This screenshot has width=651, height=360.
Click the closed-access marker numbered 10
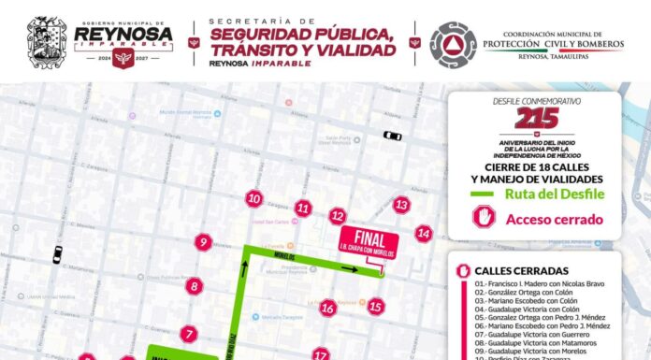[253, 198]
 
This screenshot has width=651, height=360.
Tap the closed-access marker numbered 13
[401, 205]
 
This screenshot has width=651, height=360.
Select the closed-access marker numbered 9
[203, 243]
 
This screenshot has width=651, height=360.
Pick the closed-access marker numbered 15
[376, 306]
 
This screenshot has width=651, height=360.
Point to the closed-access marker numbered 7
[189, 333]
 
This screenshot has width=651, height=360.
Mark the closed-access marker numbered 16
[327, 308]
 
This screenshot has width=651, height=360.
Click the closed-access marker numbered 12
[338, 217]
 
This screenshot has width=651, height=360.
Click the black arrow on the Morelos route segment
[349, 268]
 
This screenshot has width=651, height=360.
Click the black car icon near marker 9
[58, 253]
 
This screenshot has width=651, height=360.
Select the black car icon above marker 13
[392, 136]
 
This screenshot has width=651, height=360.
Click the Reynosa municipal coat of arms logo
[47, 42]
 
